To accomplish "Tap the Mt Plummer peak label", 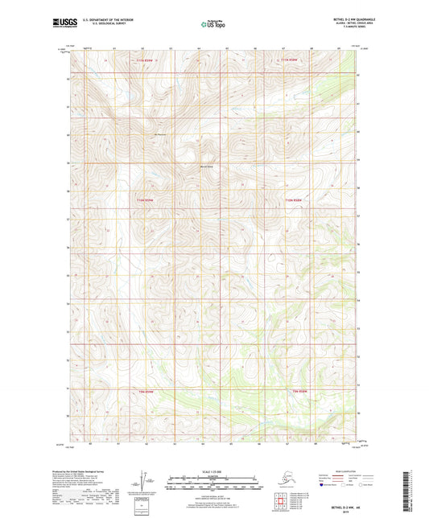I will (148, 134).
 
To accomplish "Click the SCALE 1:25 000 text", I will (213, 472).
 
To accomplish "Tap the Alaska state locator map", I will (277, 481).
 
